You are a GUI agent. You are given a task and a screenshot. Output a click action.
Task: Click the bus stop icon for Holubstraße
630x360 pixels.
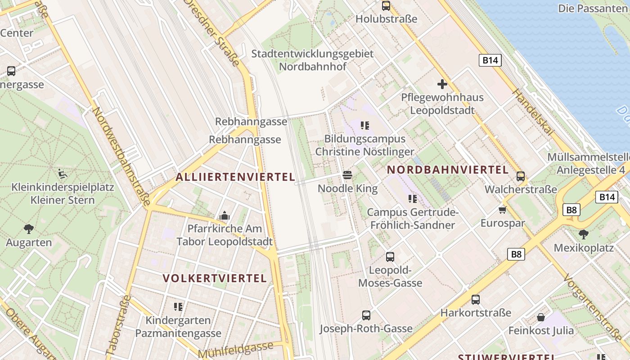pyautogui.click(x=386, y=6)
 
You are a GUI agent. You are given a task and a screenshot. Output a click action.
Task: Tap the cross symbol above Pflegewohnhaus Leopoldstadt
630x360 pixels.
pyautogui.click(x=442, y=84)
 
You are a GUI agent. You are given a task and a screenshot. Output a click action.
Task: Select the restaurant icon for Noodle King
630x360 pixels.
pyautogui.click(x=347, y=175)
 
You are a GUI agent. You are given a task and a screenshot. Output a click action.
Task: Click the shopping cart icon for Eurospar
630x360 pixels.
pyautogui.click(x=503, y=209)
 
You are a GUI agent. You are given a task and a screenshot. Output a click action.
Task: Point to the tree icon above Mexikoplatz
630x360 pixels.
pyautogui.click(x=584, y=234)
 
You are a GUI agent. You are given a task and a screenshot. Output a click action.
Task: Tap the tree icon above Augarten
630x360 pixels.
pyautogui.click(x=29, y=229)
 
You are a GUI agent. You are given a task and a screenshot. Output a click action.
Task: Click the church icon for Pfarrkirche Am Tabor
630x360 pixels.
pyautogui.click(x=224, y=216)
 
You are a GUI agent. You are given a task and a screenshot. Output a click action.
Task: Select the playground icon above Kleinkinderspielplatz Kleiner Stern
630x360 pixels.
pyautogui.click(x=63, y=173)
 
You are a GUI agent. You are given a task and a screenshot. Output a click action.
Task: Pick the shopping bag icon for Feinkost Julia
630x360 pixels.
pyautogui.click(x=541, y=317)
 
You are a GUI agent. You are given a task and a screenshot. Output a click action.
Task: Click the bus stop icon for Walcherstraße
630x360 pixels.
pyautogui.click(x=521, y=176)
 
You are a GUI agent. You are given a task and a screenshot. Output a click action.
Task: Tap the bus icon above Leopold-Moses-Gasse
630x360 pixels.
pyautogui.click(x=390, y=257)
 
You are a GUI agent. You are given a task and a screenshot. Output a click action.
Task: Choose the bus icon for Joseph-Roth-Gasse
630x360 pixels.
pyautogui.click(x=366, y=315)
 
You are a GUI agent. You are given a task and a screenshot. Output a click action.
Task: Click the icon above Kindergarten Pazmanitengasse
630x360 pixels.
pyautogui.click(x=178, y=307)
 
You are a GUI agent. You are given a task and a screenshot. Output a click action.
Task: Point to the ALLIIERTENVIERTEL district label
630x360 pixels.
pyautogui.click(x=235, y=177)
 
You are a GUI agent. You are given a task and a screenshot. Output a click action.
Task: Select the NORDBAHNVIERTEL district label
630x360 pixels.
pyautogui.click(x=448, y=170)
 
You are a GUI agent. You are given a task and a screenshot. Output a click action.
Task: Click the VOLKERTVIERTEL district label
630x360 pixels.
pyautogui.click(x=215, y=278)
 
